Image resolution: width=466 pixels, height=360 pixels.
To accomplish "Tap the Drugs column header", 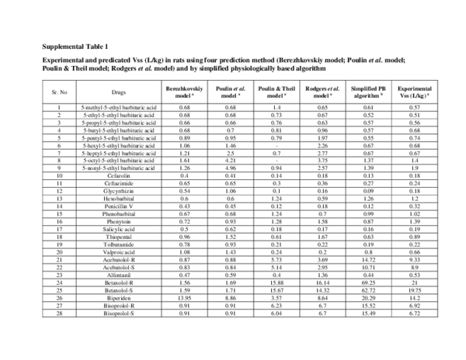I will point(119,92).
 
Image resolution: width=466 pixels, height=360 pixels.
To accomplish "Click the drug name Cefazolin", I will point(119,176).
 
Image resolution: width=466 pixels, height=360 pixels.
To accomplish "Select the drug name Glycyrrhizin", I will point(119,191).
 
